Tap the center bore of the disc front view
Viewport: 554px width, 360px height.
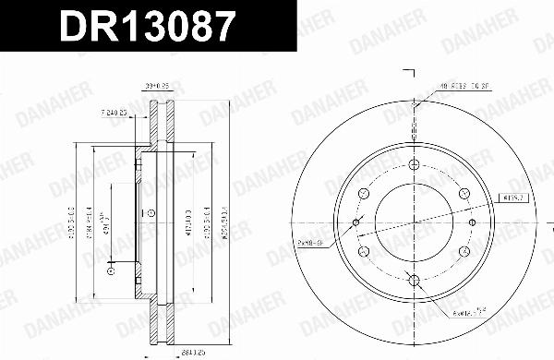pyautogui.click(x=413, y=222)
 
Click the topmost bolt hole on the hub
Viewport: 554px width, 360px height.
pyautogui.click(x=413, y=164)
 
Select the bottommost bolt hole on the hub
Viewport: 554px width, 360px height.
pyautogui.click(x=413, y=279)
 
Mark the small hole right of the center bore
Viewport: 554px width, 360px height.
pyautogui.click(x=470, y=222)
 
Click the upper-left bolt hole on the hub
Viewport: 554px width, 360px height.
pyautogui.click(x=363, y=193)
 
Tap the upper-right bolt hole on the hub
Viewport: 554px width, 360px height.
pyautogui.click(x=463, y=193)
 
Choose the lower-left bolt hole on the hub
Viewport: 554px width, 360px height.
pyautogui.click(x=363, y=250)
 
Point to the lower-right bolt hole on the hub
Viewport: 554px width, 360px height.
pyautogui.click(x=463, y=250)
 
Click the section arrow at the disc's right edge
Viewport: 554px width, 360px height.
pyautogui.click(x=539, y=222)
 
